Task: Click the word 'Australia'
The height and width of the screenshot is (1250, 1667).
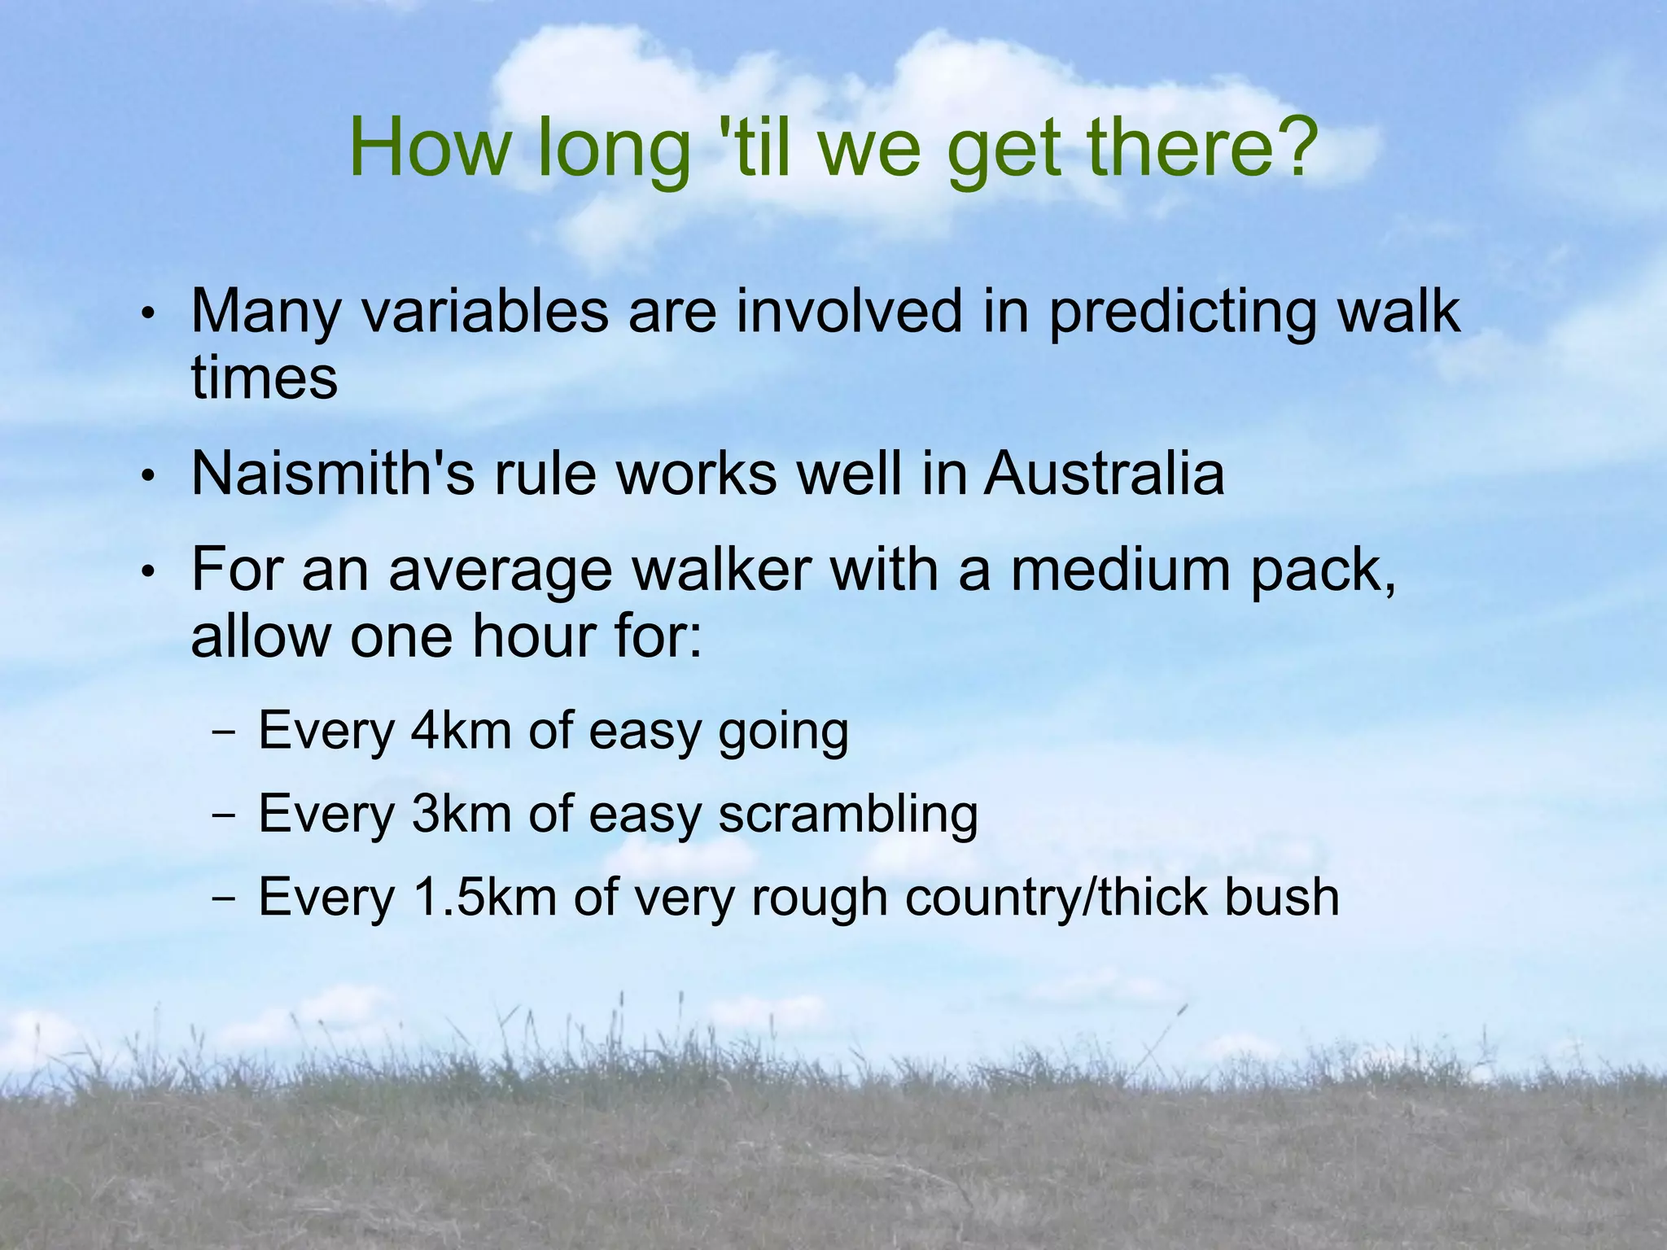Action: [1104, 474]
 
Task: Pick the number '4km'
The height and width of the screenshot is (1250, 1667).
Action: [461, 730]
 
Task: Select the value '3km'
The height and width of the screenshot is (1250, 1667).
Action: [461, 813]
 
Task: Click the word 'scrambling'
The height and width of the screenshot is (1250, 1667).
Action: [848, 814]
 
